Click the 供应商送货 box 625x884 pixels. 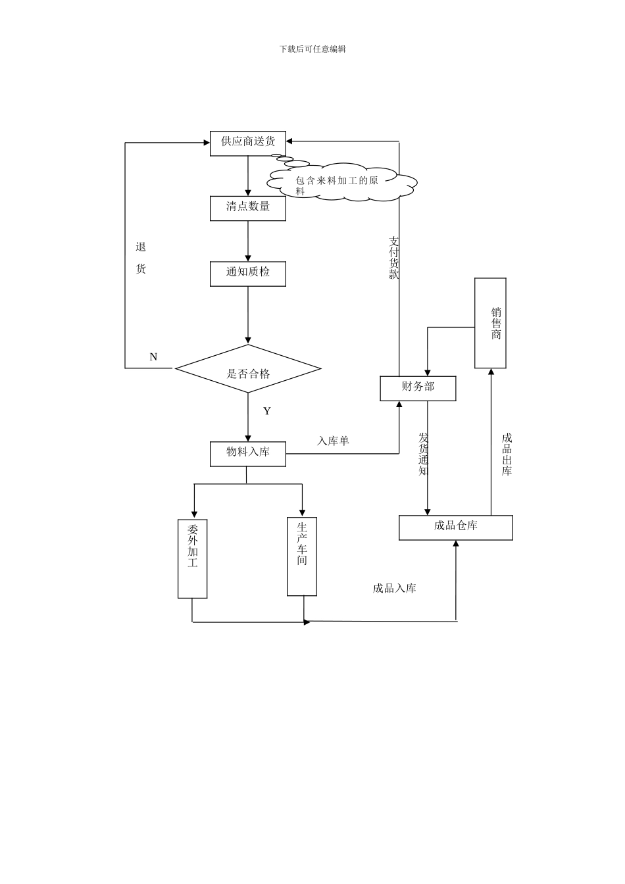[x=247, y=143]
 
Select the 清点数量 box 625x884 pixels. [x=247, y=208]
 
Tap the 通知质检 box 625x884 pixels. [x=247, y=273]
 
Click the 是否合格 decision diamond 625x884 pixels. [x=248, y=369]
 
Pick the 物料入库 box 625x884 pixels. [x=247, y=453]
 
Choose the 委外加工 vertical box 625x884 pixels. [x=192, y=558]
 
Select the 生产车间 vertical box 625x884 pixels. [x=302, y=556]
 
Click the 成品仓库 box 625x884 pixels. [x=455, y=527]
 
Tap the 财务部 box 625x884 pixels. [x=418, y=388]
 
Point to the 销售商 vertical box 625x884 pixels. [x=490, y=323]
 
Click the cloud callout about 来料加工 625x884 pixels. [x=342, y=183]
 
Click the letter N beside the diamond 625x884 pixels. [x=153, y=357]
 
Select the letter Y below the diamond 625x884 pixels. [x=266, y=412]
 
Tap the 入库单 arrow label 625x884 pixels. [x=333, y=441]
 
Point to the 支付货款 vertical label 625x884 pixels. [x=393, y=258]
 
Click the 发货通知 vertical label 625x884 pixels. [x=423, y=454]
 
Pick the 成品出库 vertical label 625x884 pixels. [x=507, y=454]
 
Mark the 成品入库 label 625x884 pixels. [x=394, y=589]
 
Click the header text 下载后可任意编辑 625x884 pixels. [x=312, y=49]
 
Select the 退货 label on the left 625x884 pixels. [x=141, y=258]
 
